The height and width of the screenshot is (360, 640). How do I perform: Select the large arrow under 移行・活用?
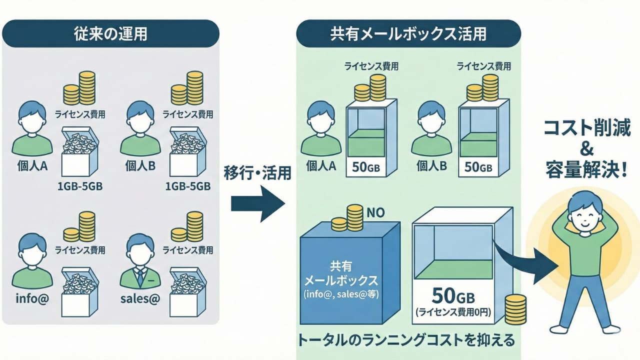(257, 202)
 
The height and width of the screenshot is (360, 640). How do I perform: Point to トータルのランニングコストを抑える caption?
(406, 341)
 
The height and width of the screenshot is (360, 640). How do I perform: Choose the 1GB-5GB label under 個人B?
(187, 186)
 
